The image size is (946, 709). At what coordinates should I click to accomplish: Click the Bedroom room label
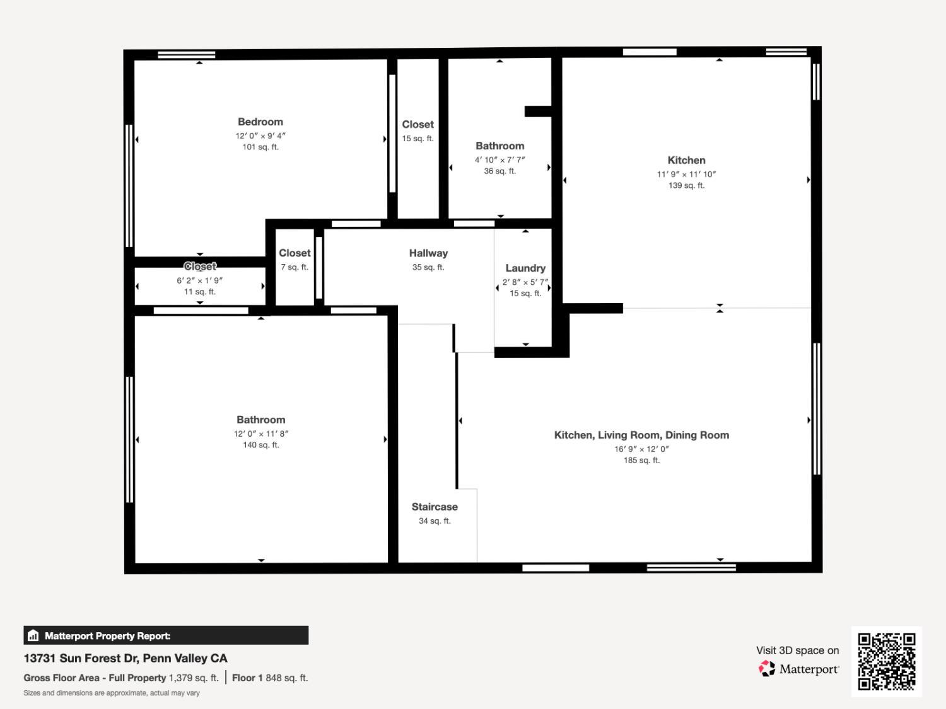[x=260, y=122]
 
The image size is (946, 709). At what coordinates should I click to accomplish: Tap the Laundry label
[x=525, y=268]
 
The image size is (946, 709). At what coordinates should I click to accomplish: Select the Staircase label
[x=435, y=507]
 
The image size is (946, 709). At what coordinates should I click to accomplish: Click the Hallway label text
[x=428, y=253]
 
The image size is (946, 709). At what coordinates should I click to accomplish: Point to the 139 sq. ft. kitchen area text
[x=686, y=186]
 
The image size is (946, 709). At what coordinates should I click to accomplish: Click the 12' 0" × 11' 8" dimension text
[x=260, y=434]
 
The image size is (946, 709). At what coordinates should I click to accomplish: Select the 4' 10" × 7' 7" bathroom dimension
[x=499, y=160]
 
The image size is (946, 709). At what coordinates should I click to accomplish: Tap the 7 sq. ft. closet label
[x=295, y=267]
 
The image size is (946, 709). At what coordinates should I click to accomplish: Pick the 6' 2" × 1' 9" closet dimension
[x=200, y=280]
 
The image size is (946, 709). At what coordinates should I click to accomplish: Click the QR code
[x=886, y=661]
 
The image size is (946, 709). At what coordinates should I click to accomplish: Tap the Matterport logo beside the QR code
[x=798, y=669]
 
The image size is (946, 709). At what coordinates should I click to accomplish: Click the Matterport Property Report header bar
[x=166, y=635]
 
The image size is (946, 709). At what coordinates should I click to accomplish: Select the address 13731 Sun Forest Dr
[x=126, y=658]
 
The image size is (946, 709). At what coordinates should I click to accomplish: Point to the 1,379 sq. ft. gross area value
[x=194, y=678]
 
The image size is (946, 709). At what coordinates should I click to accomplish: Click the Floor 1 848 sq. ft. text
[x=270, y=678]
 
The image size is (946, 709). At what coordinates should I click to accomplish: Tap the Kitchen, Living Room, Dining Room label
[x=641, y=435]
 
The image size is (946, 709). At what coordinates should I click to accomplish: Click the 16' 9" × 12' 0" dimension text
[x=641, y=449]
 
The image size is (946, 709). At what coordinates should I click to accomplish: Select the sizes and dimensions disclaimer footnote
[x=112, y=693]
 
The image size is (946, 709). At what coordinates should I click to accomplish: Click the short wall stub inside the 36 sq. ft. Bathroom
[x=538, y=112]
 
